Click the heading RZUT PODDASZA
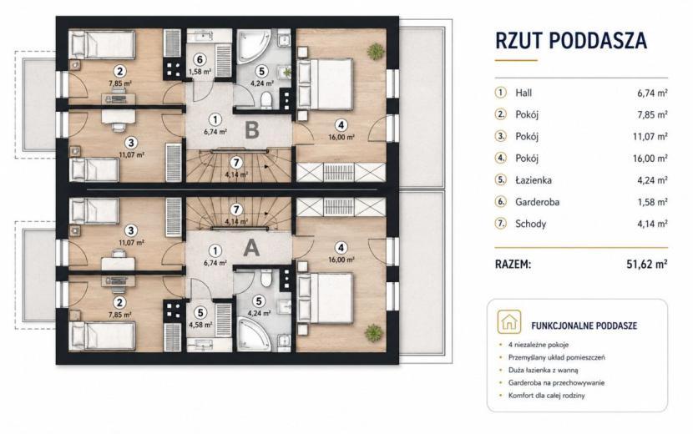571,40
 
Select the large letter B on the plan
252,130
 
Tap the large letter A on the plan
251,248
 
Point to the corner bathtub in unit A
253,335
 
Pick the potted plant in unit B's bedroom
375,51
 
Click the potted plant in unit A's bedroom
374,331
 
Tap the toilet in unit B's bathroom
266,99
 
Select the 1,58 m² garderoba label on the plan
200,71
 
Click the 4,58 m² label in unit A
200,325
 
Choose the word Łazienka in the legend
533,180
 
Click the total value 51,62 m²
647,265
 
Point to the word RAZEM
513,265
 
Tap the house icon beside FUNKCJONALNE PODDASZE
508,321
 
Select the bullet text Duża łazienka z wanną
544,371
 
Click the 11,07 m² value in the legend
650,137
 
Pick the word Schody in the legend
530,224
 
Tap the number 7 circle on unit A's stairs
237,209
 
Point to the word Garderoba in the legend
537,202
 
